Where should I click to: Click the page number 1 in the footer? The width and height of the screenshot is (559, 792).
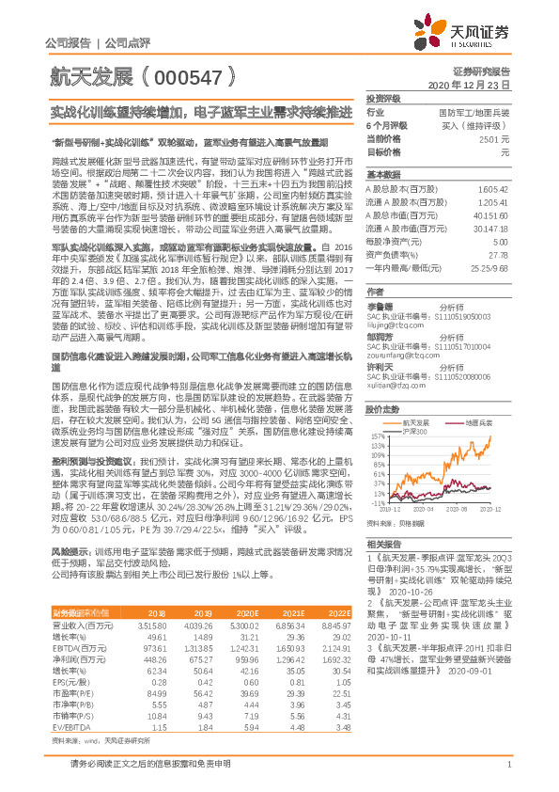tap(508, 774)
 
